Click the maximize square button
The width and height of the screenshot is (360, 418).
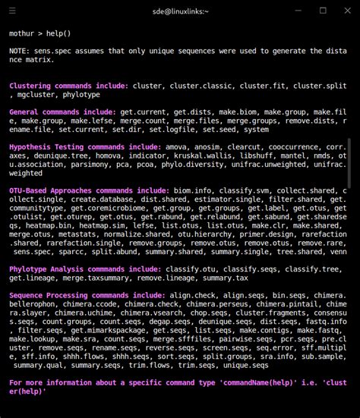coord(323,10)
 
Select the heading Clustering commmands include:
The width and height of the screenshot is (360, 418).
coord(67,86)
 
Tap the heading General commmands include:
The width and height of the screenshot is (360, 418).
coord(62,112)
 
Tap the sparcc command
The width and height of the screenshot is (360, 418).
coord(76,252)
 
